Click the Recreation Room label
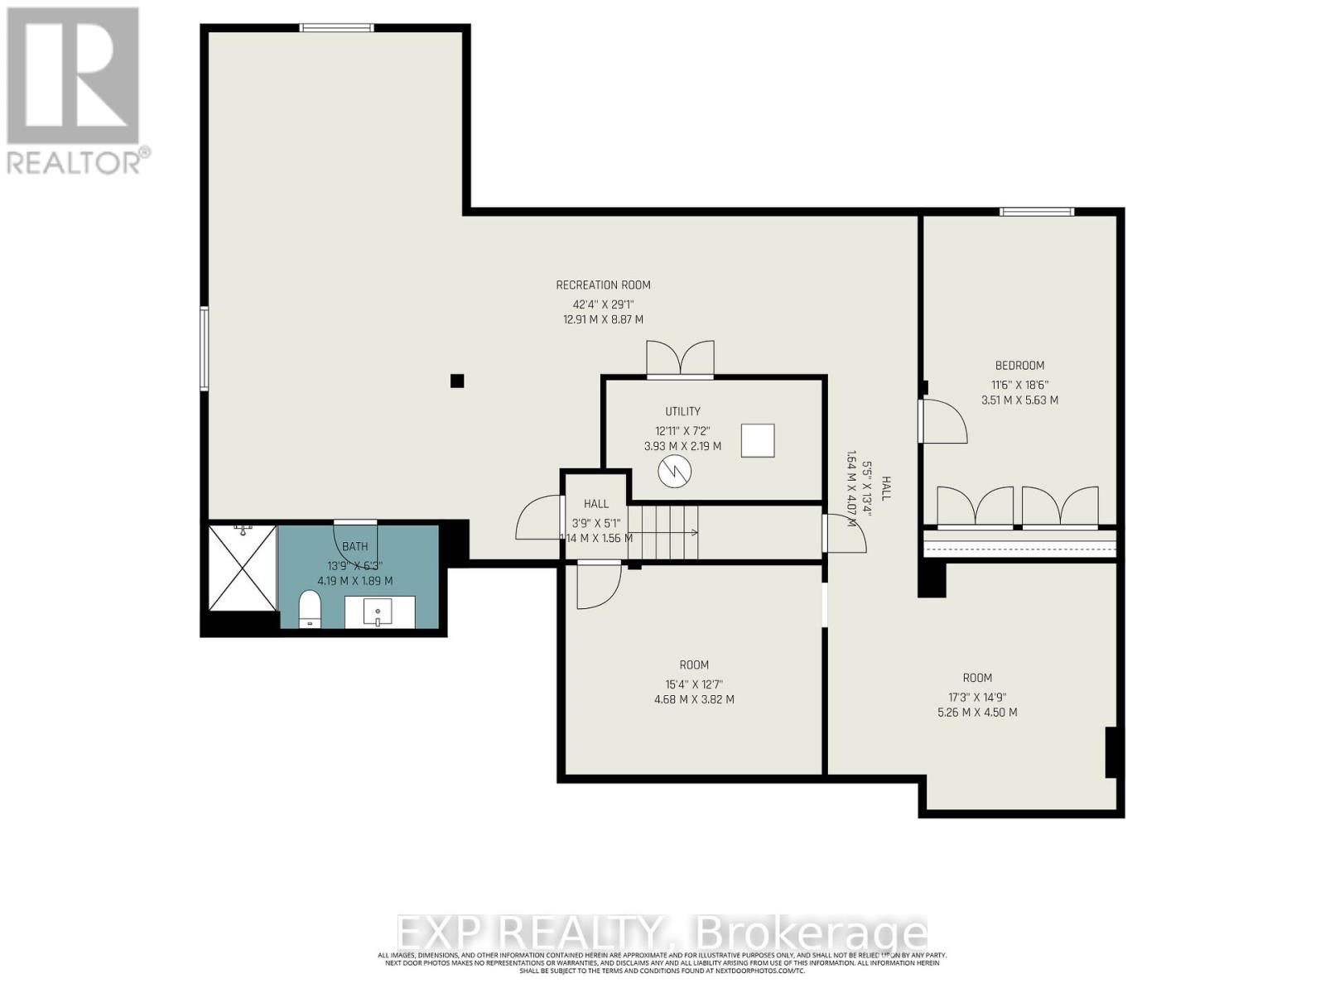pyautogui.click(x=603, y=285)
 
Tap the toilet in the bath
pyautogui.click(x=309, y=609)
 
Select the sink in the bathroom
pyautogui.click(x=378, y=612)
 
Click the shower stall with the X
pyautogui.click(x=242, y=568)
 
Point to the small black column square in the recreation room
pyautogui.click(x=457, y=381)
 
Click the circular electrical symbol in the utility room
pyautogui.click(x=674, y=472)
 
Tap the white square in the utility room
pyautogui.click(x=757, y=440)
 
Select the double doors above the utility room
pyautogui.click(x=680, y=359)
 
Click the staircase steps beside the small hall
pyautogui.click(x=662, y=532)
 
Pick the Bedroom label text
pyautogui.click(x=1019, y=365)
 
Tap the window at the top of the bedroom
pyautogui.click(x=1037, y=212)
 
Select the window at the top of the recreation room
pyautogui.click(x=336, y=28)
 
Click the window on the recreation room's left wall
pyautogui.click(x=205, y=348)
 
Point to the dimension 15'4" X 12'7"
pyautogui.click(x=694, y=684)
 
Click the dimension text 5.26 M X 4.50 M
pyautogui.click(x=977, y=712)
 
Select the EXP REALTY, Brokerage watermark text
pyautogui.click(x=662, y=933)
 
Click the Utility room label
pyautogui.click(x=682, y=411)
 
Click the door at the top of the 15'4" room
pyautogui.click(x=598, y=583)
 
